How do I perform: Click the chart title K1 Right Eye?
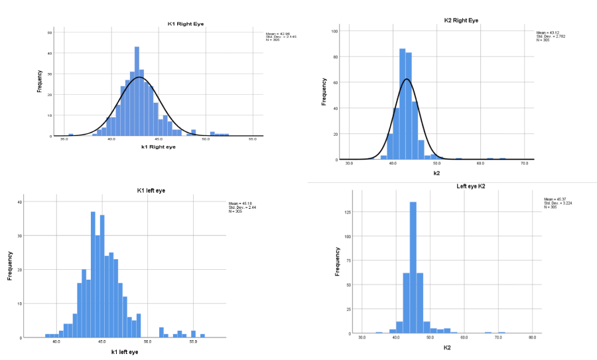coord(186,24)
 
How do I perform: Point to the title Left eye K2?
coord(461,186)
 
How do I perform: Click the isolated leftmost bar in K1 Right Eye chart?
coord(71,135)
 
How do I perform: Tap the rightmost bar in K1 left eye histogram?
coord(202,335)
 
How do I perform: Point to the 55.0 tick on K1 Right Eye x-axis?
coord(253,140)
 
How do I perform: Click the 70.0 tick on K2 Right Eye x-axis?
coord(524,163)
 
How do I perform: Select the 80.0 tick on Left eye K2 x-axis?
coord(532,337)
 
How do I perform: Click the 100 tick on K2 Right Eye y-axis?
coord(336,31)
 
